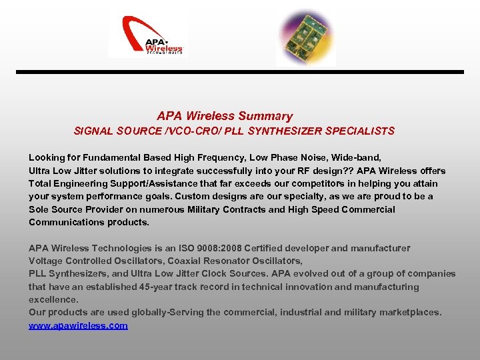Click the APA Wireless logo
147,37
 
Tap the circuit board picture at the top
303,36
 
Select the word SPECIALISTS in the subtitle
360,131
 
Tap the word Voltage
45,261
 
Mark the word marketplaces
409,312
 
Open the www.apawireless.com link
78,325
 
